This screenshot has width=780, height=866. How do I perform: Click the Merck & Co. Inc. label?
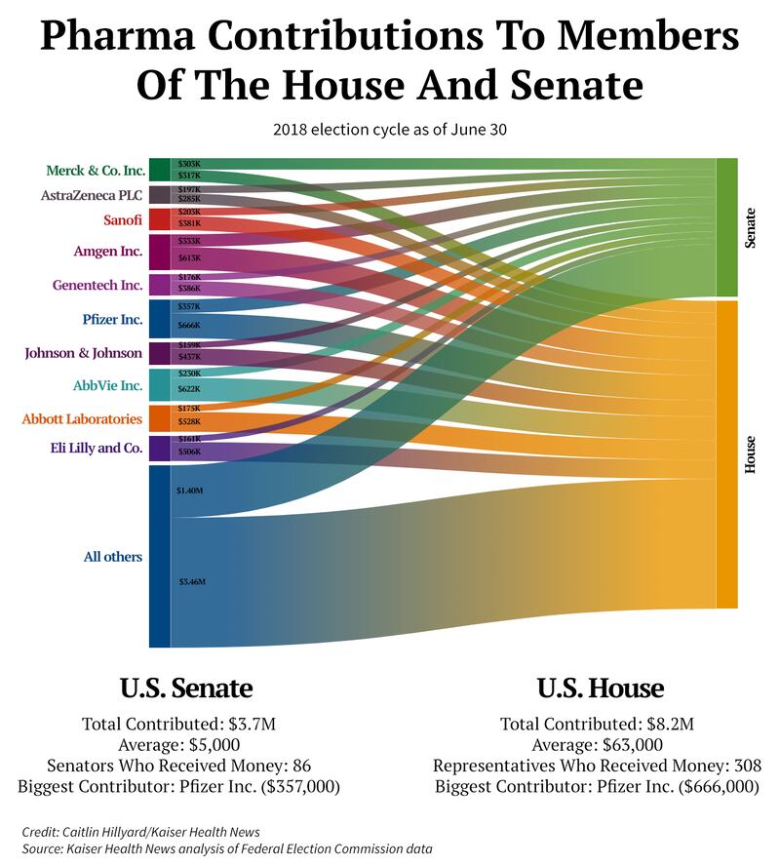[96, 171]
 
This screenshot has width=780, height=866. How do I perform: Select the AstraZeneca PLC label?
[92, 195]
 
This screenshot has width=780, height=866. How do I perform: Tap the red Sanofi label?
[123, 219]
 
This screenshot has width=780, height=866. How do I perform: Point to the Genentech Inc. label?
[97, 286]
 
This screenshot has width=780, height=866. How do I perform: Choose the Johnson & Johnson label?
[83, 353]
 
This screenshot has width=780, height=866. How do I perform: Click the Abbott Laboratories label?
[82, 419]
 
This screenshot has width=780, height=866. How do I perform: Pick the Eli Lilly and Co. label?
[96, 448]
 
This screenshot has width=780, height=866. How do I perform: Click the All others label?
[113, 557]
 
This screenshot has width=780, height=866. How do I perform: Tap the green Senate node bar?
[727, 226]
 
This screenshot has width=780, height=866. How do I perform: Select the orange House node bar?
[727, 453]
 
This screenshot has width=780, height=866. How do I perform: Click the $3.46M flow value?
[191, 582]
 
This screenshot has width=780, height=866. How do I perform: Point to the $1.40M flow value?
[189, 491]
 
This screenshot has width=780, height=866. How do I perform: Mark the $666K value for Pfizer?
[189, 325]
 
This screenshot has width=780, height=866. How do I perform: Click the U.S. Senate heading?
[186, 689]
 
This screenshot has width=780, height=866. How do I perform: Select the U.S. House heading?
[600, 689]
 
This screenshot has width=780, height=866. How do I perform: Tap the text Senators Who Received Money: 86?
[186, 766]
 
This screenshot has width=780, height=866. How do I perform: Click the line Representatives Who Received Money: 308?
[597, 766]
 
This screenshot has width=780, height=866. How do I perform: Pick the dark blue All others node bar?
[159, 556]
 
